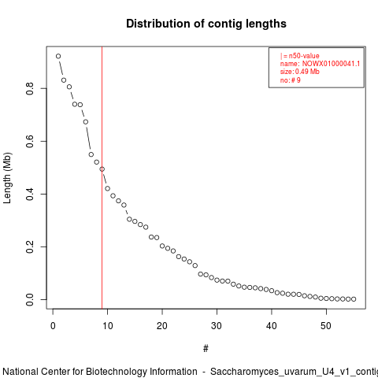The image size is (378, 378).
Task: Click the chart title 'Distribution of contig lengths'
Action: [206, 24]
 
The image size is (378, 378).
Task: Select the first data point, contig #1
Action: [58, 56]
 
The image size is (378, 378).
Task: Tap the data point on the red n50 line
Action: [102, 169]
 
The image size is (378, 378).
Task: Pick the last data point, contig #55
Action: [354, 299]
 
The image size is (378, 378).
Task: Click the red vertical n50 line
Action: [102, 178]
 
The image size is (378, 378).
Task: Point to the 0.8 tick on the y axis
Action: [30, 88]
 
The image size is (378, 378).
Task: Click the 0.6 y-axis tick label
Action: [30, 141]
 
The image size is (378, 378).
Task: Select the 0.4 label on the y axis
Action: [30, 194]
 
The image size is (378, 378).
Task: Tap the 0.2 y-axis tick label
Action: [30, 246]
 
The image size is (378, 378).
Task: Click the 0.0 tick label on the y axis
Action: [30, 299]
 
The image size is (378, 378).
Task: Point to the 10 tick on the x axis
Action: [107, 326]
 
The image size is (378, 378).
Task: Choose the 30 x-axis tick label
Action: [217, 326]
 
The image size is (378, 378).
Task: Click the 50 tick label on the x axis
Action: [326, 326]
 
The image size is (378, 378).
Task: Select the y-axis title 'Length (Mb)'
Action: [7, 178]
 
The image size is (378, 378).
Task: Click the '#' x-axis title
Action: [206, 349]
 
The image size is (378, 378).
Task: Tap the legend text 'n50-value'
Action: [304, 56]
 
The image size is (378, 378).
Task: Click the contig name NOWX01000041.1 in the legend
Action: [331, 64]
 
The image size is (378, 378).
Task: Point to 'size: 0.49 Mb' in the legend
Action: [300, 72]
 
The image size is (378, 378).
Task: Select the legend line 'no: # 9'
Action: [291, 80]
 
